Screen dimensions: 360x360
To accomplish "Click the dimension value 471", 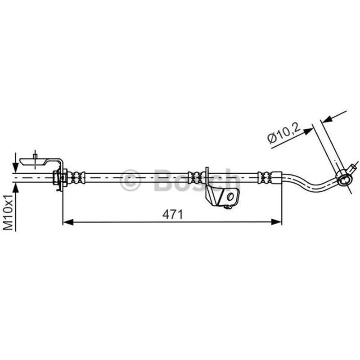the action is tap(172, 215).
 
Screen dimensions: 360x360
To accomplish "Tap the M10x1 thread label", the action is tap(8, 212).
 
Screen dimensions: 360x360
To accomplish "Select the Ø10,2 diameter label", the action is tap(284, 133).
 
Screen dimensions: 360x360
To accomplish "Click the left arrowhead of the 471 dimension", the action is tap(68, 222).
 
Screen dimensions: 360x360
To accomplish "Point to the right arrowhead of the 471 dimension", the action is tap(276, 222).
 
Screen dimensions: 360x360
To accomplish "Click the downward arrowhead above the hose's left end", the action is tap(15, 167).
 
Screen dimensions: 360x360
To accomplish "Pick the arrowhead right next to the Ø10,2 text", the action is tap(308, 131).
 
